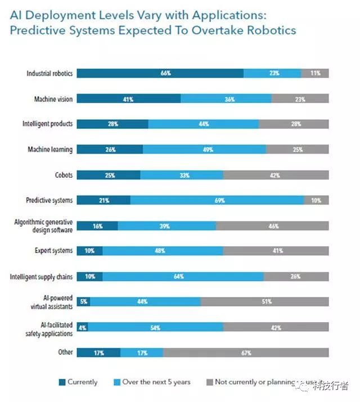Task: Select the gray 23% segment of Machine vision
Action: click(300, 99)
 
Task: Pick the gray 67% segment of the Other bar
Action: click(246, 353)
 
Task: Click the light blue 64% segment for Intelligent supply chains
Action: click(183, 277)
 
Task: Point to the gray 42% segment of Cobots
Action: click(276, 175)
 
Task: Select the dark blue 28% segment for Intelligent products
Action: click(112, 124)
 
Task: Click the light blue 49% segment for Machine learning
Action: click(204, 150)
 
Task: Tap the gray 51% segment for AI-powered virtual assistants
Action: click(264, 302)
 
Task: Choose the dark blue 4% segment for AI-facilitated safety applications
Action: click(82, 327)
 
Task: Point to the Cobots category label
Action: click(64, 175)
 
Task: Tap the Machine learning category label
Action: click(50, 150)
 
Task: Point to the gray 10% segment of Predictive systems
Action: click(316, 200)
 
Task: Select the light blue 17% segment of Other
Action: click(141, 353)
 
